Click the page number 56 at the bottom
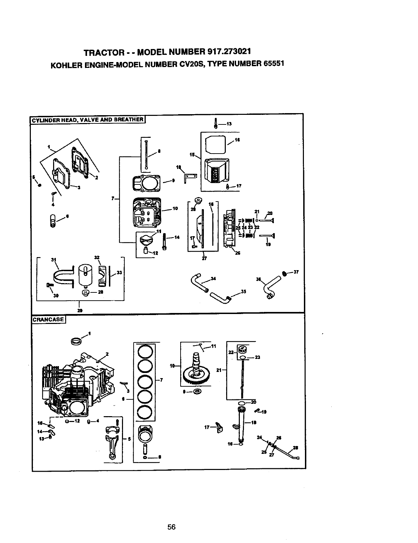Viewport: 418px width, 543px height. pos(171,527)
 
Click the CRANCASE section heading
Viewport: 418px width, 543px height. pos(48,319)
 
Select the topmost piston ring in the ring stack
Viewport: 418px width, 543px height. pos(144,351)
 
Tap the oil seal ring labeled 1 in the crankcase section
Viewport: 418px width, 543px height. pos(76,341)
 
